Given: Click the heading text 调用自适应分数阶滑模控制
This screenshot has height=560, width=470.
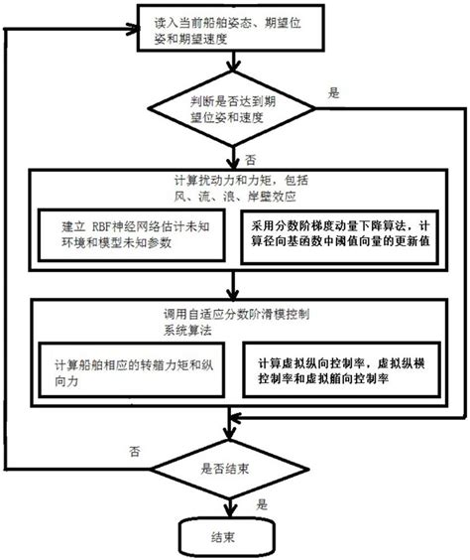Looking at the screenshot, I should click(229, 309).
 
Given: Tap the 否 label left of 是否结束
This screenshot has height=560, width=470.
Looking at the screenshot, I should click(133, 450).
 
